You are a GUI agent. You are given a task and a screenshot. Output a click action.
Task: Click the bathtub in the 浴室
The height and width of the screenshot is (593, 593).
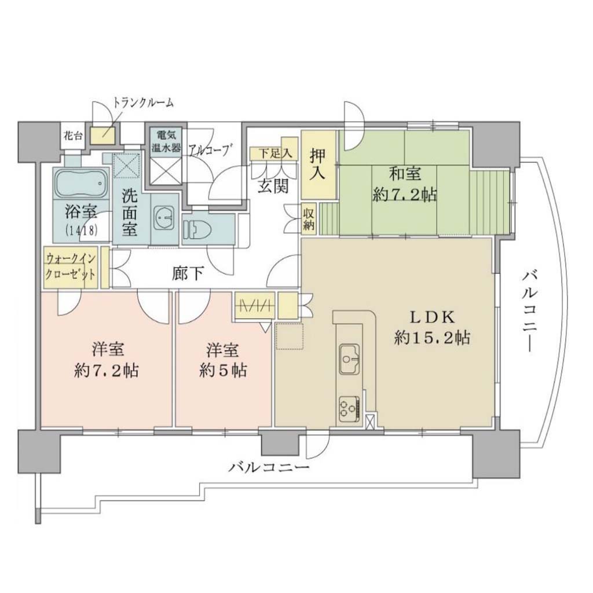(82, 183)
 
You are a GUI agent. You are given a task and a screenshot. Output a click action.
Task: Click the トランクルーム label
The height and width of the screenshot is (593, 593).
(144, 103)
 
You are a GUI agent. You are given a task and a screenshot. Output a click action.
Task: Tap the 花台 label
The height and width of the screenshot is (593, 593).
(74, 136)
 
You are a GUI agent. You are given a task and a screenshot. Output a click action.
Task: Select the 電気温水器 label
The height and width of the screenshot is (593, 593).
(166, 141)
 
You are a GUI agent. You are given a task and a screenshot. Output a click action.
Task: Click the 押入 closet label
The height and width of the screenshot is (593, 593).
(317, 164)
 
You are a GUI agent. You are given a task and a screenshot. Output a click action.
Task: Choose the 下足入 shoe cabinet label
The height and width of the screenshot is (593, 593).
(275, 153)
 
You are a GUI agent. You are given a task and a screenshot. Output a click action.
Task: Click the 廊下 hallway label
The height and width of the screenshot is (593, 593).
(188, 273)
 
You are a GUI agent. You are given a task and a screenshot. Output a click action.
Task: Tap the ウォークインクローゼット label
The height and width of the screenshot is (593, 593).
(71, 266)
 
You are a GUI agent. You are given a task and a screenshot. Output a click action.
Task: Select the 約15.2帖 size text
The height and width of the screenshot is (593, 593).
(432, 337)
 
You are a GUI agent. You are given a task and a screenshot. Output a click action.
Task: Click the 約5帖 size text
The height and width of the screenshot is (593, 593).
(223, 370)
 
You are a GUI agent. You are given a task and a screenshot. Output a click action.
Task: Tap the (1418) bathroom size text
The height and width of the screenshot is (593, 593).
(82, 230)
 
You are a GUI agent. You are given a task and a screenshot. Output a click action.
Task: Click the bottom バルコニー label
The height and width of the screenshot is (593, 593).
(269, 468)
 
